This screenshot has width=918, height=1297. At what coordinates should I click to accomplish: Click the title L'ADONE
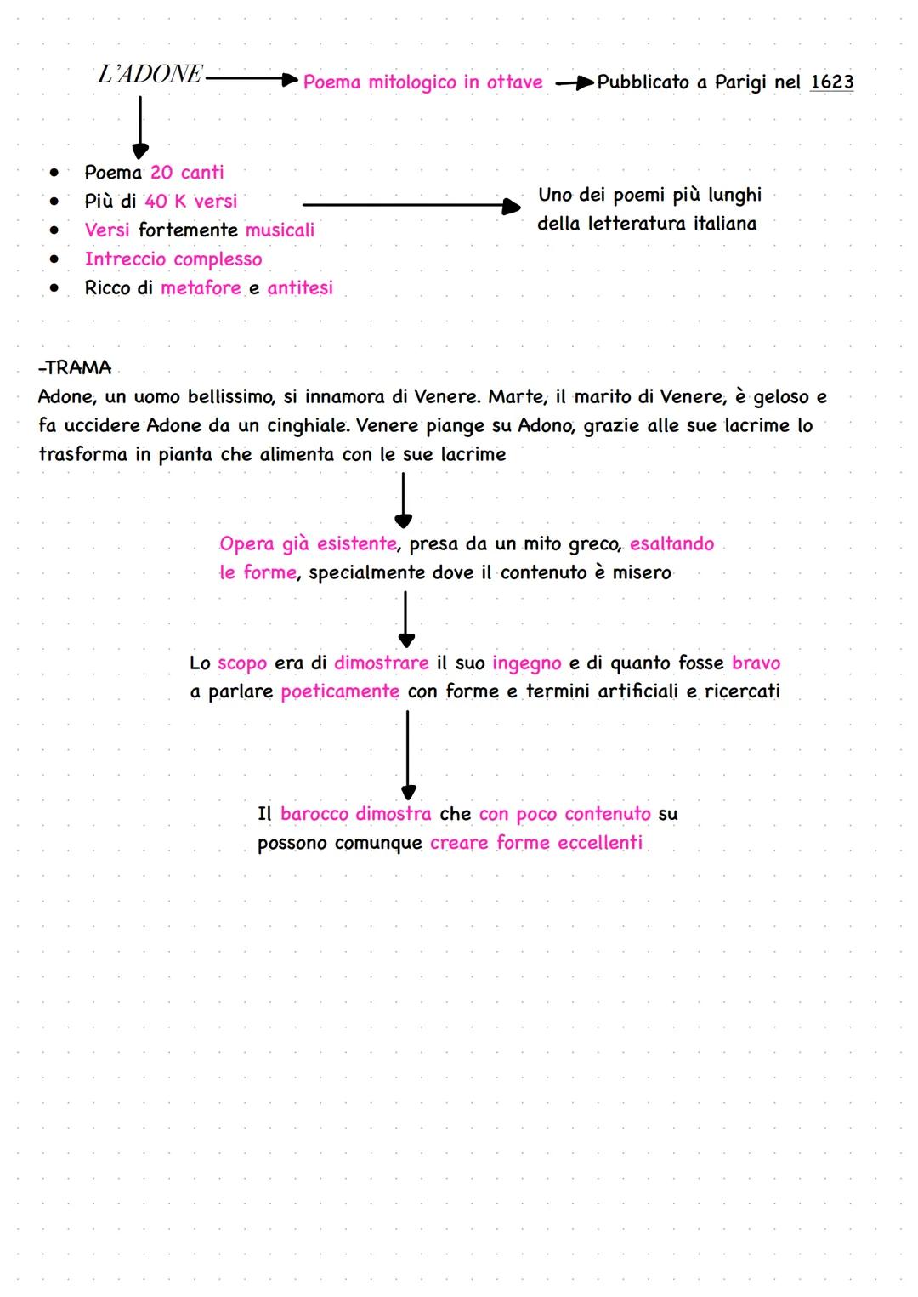pos(150,75)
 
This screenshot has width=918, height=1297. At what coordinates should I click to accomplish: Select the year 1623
pos(831,82)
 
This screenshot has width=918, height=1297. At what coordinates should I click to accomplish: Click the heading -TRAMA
pos(75,368)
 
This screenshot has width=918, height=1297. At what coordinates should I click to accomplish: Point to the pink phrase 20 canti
pos(187,173)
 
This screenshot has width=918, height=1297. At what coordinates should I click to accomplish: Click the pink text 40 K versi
pos(191,202)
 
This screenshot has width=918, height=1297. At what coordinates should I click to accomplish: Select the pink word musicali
pos(280,230)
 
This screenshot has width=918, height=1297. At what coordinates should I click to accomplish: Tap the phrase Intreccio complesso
pos(173,259)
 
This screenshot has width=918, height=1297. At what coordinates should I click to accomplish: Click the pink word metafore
pos(201,288)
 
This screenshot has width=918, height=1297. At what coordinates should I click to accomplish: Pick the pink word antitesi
pos(300,288)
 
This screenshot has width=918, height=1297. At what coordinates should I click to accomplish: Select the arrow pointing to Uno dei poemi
pos(411,205)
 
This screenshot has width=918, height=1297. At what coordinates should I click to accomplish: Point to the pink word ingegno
pos(527,663)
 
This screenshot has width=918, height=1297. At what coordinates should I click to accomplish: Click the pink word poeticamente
pos(340,691)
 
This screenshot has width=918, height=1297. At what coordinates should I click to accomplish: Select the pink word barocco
pos(314,814)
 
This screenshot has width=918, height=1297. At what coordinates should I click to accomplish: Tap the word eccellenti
pos(600,843)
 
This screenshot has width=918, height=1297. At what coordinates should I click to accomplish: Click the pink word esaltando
pos(671,544)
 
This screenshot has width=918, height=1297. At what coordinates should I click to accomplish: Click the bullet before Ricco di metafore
pos(54,288)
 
